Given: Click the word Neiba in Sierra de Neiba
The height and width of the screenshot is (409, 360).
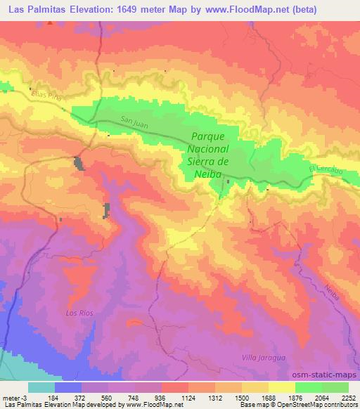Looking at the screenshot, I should [x=209, y=174].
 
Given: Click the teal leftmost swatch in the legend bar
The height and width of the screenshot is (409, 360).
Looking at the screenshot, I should [x=41, y=387].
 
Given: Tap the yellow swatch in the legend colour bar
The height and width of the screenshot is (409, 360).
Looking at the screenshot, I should [x=282, y=387].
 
